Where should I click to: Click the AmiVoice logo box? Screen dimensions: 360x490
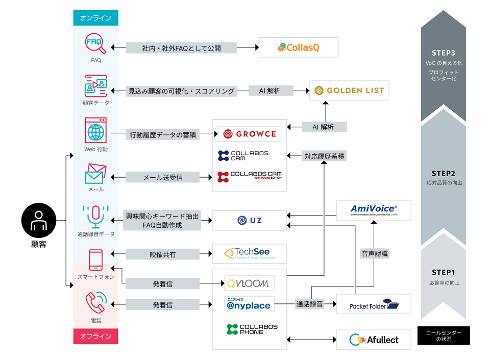(x=374, y=210)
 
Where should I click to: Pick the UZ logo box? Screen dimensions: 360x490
(x=250, y=221)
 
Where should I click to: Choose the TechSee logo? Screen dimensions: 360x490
(x=250, y=253)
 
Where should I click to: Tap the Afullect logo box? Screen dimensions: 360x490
(x=374, y=340)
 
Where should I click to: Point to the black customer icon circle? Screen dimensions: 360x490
(x=38, y=221)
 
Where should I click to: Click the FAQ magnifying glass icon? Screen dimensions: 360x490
(x=95, y=43)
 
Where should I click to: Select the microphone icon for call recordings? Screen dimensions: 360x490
(x=95, y=216)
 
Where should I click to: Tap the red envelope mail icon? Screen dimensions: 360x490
(x=95, y=174)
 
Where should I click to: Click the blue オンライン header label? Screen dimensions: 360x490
(x=95, y=18)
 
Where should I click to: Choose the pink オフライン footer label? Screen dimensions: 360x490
(x=95, y=337)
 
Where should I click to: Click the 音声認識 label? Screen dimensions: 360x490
(x=375, y=253)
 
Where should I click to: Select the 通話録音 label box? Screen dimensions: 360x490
(x=309, y=304)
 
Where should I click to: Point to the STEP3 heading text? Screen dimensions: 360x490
(x=443, y=53)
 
